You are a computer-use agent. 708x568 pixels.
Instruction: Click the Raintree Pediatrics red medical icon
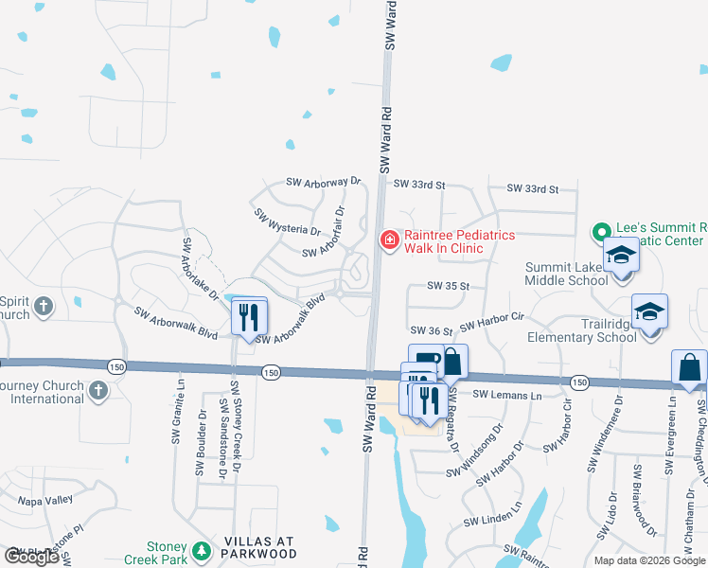(388, 241)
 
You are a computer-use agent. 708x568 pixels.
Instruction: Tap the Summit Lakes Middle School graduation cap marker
(622, 256)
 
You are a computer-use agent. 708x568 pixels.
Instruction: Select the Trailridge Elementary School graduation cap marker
(649, 311)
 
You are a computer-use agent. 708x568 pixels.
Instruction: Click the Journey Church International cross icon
(98, 390)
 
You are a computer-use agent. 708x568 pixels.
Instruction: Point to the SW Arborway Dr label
(325, 181)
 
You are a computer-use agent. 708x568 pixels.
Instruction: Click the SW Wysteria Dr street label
(286, 223)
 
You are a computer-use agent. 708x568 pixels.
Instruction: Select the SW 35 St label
(449, 285)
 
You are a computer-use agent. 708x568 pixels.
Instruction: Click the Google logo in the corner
(31, 557)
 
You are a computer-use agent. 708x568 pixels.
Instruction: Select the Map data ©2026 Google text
(648, 560)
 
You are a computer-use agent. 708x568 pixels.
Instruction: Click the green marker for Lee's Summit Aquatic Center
(600, 231)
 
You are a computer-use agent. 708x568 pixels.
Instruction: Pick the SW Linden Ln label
(493, 522)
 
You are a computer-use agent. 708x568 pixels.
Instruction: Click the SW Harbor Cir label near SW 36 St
(491, 321)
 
